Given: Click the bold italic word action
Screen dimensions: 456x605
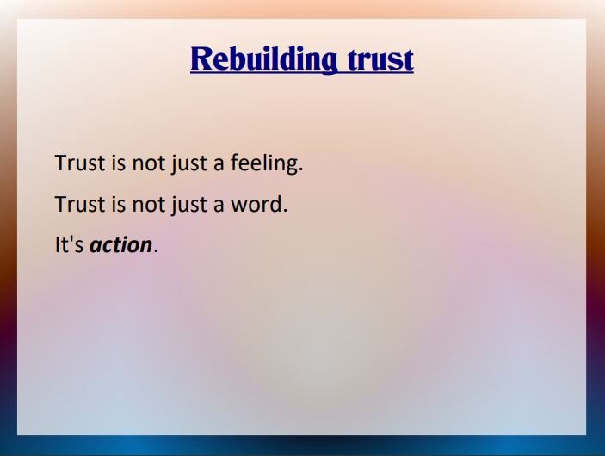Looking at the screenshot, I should pos(121,245).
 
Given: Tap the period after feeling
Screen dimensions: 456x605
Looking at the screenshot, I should pos(300,169).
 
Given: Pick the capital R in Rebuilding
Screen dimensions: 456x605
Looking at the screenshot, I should pos(201,59).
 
